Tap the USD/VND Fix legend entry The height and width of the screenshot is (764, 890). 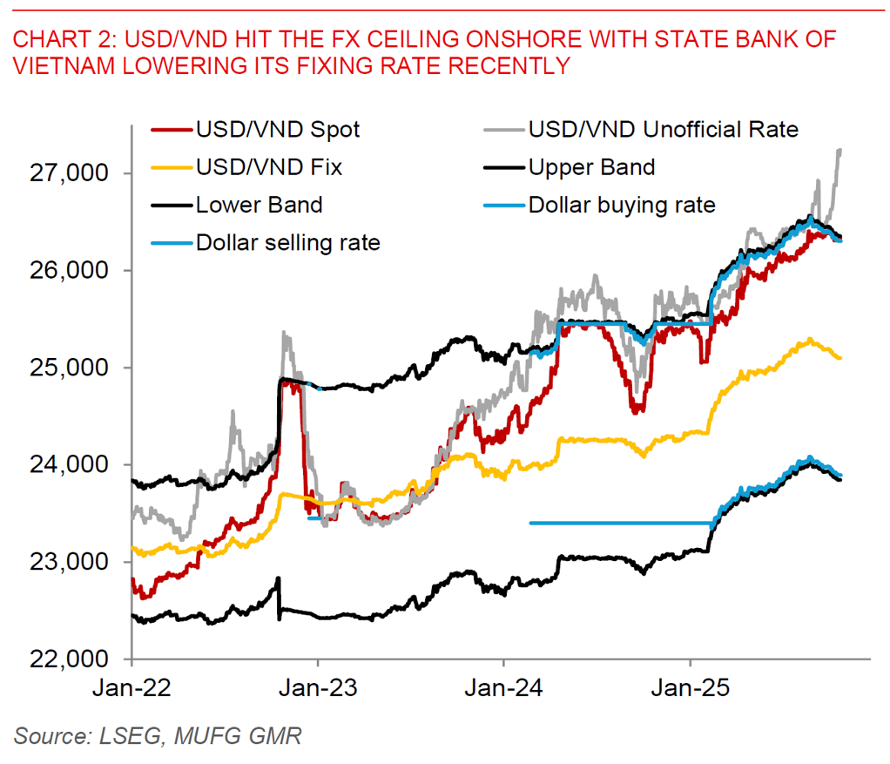point(269,168)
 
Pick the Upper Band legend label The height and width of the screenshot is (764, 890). point(592,168)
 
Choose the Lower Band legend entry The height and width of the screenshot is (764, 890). point(260,206)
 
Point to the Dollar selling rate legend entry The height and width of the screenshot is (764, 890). point(288,242)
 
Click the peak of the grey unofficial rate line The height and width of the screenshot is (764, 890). point(839,150)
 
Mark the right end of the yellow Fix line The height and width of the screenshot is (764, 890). point(840,357)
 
